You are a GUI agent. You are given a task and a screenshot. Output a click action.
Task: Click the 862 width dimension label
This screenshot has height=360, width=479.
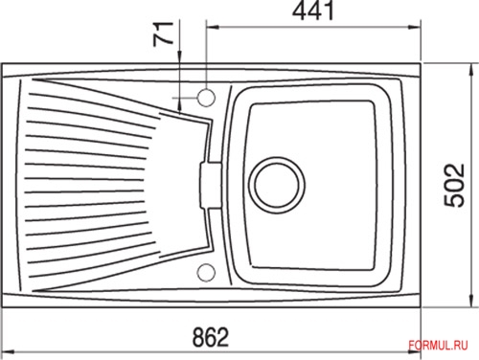[x=211, y=337]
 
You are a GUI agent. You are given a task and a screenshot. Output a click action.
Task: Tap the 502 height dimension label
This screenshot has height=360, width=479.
[x=454, y=185]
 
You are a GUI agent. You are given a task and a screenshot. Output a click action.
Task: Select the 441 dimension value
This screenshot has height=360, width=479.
[x=313, y=11]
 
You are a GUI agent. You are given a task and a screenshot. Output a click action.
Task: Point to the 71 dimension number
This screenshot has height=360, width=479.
[x=163, y=34]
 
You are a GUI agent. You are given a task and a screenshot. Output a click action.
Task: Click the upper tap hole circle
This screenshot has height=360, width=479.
[x=206, y=98]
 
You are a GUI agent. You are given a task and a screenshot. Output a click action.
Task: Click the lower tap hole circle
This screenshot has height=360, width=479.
[x=206, y=272]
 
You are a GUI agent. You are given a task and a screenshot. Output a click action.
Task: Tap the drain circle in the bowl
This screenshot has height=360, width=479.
[x=277, y=184]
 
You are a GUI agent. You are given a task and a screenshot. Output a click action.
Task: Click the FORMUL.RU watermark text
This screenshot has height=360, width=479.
[x=438, y=346]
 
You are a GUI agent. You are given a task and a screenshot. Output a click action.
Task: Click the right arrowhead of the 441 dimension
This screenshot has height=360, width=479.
[x=415, y=28]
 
